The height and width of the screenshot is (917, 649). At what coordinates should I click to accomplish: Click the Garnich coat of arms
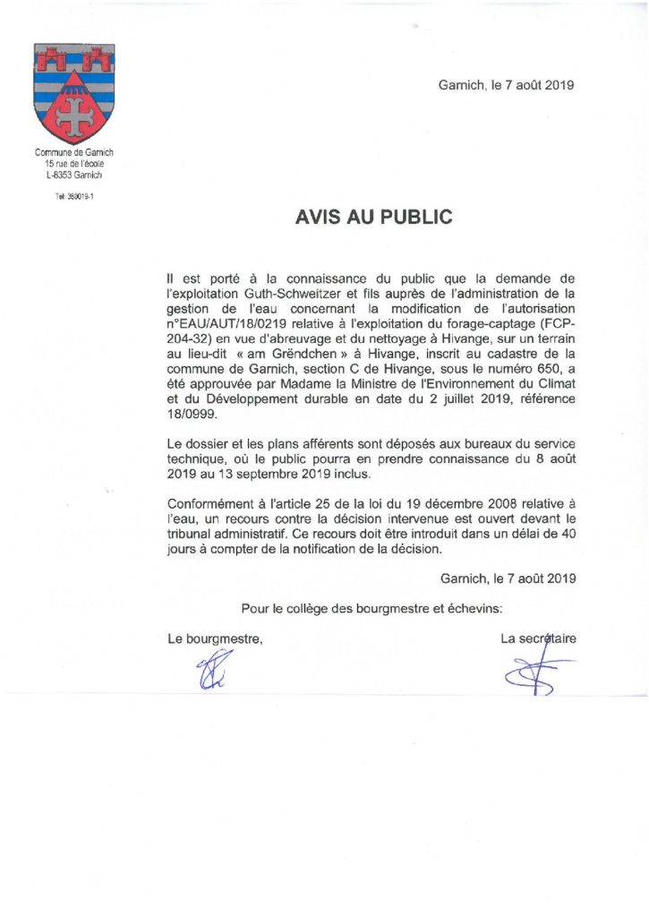73,93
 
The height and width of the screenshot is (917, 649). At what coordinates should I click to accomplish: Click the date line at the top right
506,86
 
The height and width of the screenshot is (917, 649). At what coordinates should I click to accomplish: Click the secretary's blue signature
533,670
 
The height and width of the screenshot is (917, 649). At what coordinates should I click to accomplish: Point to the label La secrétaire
538,638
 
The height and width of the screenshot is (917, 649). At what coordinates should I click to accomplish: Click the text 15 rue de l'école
73,164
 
